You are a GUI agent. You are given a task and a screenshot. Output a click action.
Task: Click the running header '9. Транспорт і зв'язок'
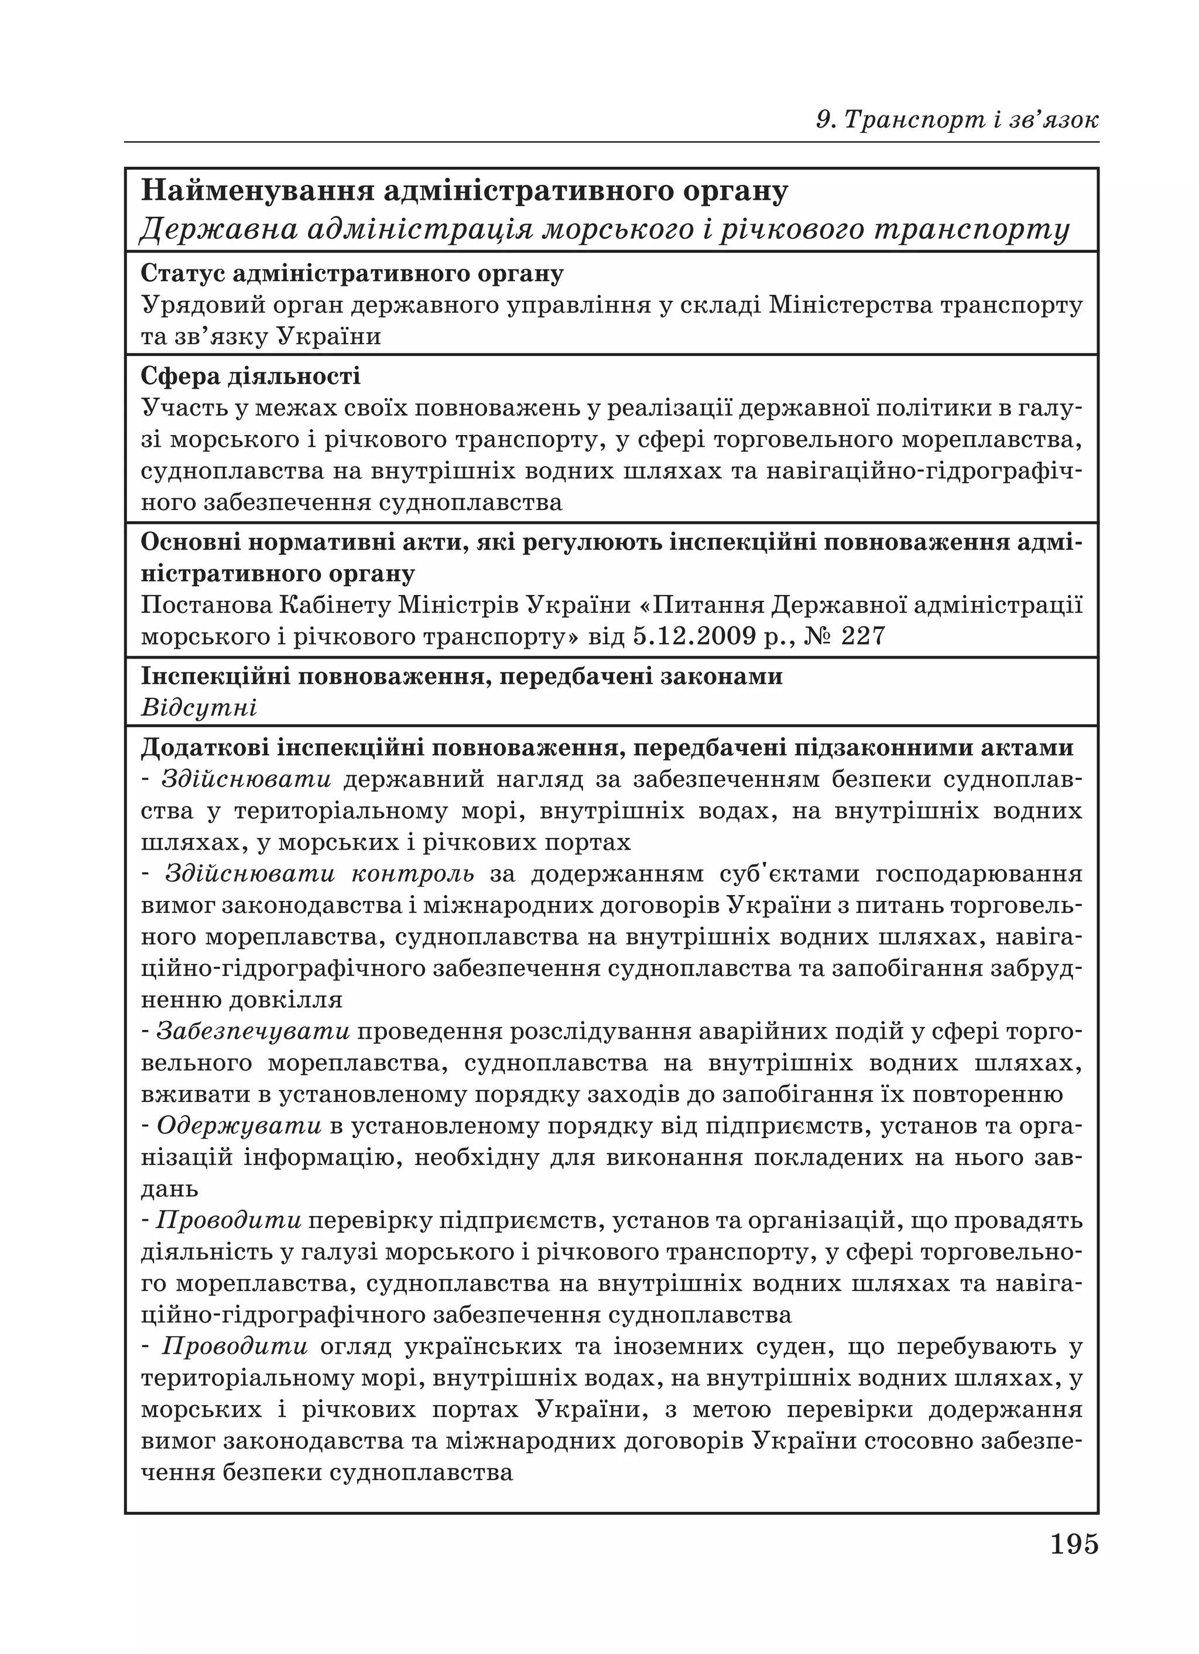click(957, 119)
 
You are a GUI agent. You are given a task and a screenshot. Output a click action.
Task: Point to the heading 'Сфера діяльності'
click(250, 376)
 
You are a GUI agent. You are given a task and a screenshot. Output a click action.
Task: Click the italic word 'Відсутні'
click(198, 708)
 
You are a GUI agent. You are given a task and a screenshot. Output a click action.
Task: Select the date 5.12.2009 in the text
click(692, 636)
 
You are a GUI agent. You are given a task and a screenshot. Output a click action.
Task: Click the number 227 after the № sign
click(863, 636)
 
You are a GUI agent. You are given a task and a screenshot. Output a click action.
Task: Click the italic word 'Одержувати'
click(239, 1125)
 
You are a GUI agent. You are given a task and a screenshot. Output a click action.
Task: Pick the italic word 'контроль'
click(412, 873)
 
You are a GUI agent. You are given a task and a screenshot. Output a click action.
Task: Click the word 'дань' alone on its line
click(169, 1189)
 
